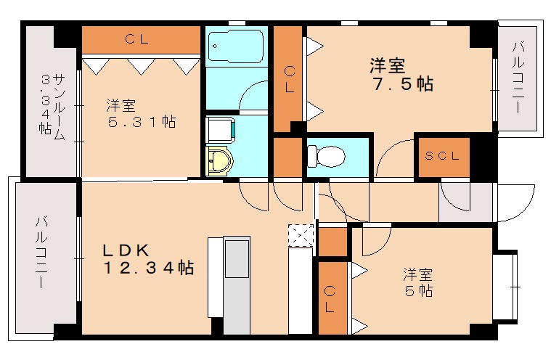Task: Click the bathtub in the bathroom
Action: click(x=235, y=48)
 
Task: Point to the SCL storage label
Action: click(x=441, y=156)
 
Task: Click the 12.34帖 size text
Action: click(x=147, y=269)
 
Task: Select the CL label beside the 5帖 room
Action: click(x=330, y=298)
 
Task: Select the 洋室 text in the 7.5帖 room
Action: click(x=387, y=65)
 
